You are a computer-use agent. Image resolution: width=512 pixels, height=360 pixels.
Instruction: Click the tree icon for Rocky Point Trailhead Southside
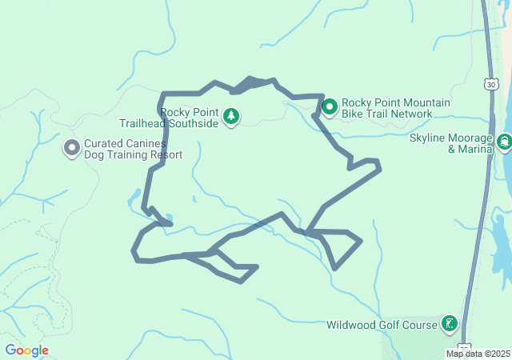[x=231, y=117]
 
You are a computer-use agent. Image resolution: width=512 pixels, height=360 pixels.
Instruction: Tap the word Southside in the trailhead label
[x=192, y=124]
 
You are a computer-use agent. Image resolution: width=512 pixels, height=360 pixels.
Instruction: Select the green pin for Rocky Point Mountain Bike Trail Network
[x=330, y=106]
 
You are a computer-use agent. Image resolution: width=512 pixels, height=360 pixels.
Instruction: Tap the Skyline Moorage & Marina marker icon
[x=504, y=142]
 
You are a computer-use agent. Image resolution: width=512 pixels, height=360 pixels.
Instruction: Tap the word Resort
[x=165, y=155]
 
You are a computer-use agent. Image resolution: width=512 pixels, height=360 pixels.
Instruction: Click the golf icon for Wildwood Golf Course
[x=450, y=324]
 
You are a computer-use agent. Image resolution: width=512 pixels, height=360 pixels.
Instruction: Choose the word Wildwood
[x=350, y=325]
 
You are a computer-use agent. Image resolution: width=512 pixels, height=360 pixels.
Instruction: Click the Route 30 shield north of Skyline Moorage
[x=490, y=83]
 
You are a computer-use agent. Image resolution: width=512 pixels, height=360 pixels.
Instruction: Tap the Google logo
[x=26, y=350]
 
